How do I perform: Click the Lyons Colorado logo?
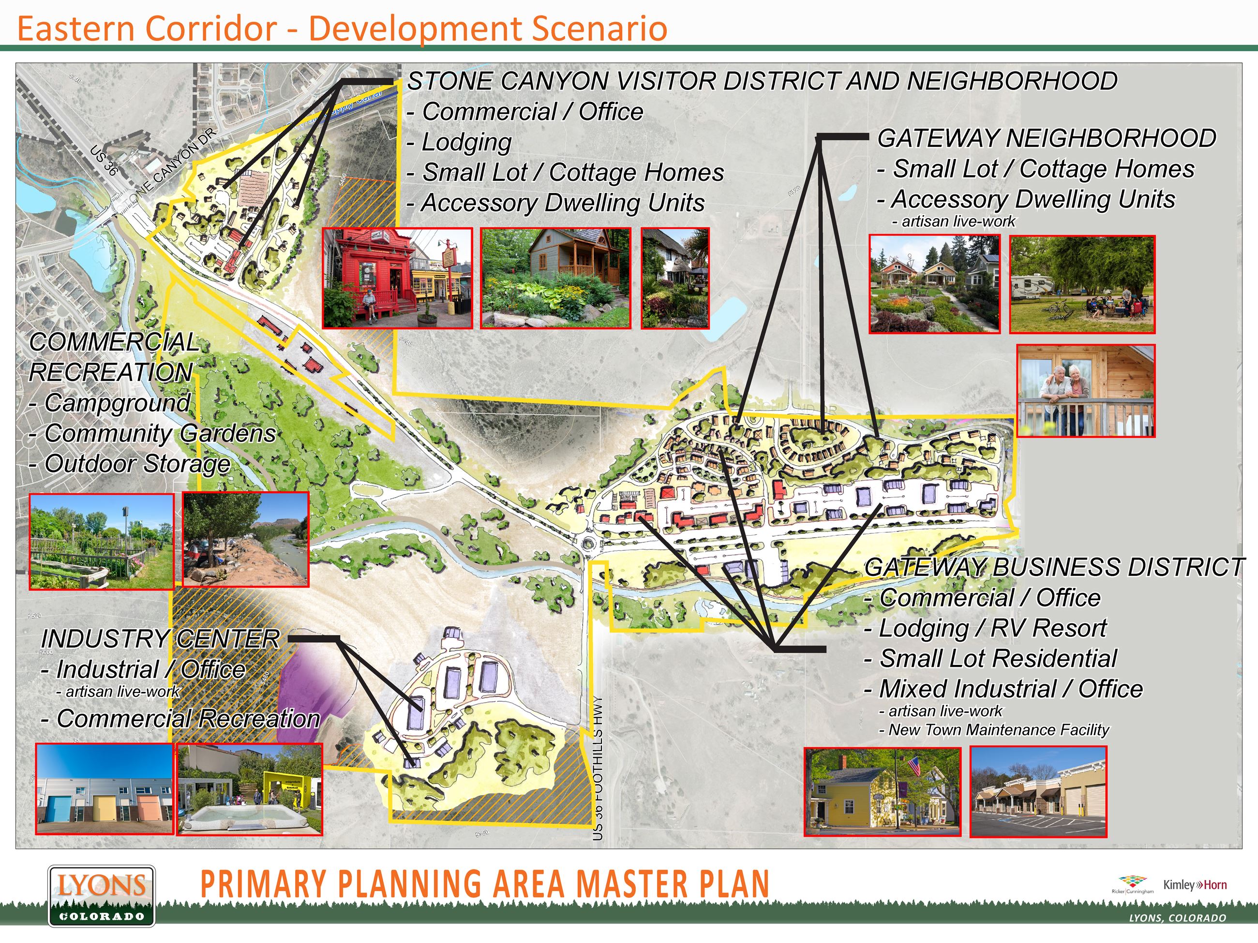101,896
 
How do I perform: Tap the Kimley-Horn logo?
1195,885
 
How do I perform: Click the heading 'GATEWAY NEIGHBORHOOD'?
1047,139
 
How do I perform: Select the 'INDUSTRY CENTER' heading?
160,639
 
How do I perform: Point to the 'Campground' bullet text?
117,403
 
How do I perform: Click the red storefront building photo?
397,279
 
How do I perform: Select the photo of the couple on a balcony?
1086,391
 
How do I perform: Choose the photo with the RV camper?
1082,284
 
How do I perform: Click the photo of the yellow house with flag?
882,791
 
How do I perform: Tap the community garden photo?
101,541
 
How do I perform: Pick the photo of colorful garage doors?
104,788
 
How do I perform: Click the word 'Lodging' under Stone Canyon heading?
466,142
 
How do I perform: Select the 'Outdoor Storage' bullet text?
137,464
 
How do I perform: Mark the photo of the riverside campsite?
246,539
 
